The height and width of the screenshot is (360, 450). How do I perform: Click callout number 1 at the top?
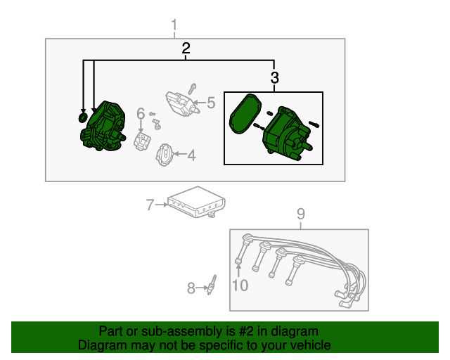[x=174, y=27]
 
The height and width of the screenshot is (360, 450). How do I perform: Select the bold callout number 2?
[x=186, y=49]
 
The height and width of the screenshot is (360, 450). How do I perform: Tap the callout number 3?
[x=274, y=77]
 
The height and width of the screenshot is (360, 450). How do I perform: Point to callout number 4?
[x=191, y=155]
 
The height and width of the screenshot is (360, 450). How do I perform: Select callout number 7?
[x=149, y=205]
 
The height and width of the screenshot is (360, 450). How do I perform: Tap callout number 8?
[x=191, y=287]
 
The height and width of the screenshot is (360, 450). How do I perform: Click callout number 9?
[x=300, y=214]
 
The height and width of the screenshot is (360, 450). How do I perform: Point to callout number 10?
[x=240, y=285]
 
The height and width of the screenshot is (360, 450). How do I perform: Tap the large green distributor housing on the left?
[x=103, y=127]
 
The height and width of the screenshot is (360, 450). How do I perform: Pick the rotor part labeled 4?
[x=163, y=154]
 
